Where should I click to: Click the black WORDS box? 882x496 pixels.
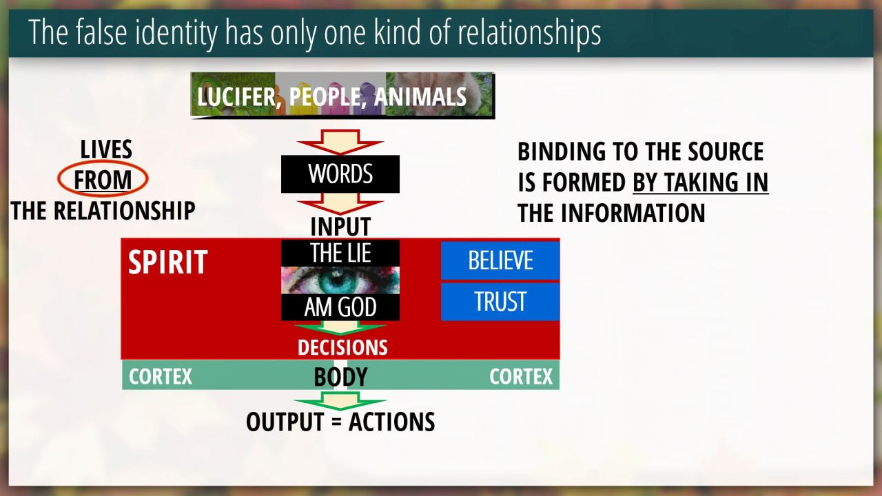point(340,174)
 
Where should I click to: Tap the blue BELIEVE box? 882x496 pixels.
point(500,260)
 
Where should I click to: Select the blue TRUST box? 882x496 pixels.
point(500,302)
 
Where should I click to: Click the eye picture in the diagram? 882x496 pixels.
point(340,280)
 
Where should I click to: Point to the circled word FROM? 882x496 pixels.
point(103,180)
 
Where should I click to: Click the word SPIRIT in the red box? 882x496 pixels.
point(167,262)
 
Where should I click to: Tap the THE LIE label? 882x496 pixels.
point(340,253)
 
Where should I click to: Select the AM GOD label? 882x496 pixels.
point(340,307)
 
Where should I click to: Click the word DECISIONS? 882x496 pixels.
point(342,348)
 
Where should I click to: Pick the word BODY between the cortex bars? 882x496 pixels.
point(340,377)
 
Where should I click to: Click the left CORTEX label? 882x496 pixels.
point(161,377)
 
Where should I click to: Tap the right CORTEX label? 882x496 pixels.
point(521,377)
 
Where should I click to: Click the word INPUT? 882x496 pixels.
point(340,227)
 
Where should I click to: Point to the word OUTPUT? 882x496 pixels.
point(285,422)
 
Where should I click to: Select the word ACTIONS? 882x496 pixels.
point(392,422)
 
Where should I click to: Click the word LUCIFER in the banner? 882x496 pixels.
point(236,97)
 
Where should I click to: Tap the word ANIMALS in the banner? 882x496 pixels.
point(420,97)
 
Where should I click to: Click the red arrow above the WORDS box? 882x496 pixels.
point(340,142)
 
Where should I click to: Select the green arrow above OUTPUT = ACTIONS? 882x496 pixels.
point(340,401)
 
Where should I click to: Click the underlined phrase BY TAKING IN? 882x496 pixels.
point(701,183)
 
